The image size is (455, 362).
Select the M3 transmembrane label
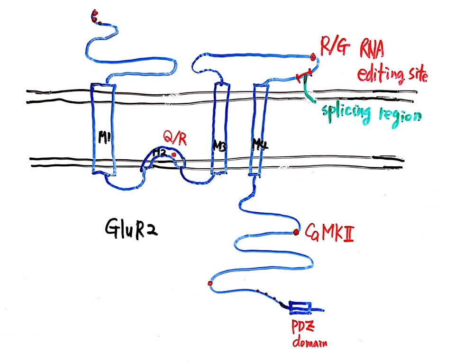219,147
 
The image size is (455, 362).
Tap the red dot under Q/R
174,154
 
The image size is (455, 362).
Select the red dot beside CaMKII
296,232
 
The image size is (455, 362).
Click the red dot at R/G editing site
313,57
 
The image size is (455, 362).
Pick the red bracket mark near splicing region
303,75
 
